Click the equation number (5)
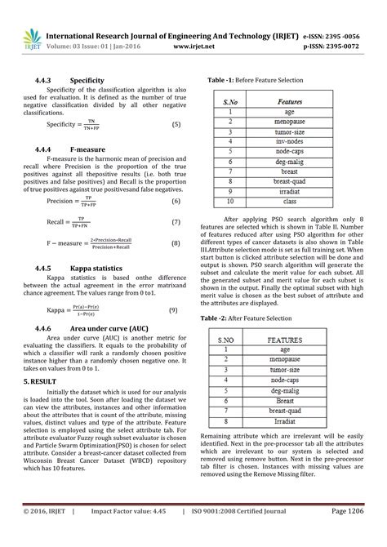tap(176, 124)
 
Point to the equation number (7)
tap(176, 221)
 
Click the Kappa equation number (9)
tap(173, 310)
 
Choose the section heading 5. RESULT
tap(41, 381)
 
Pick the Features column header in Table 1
tap(290, 102)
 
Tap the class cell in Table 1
tap(290, 200)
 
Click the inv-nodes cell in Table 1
tap(290, 140)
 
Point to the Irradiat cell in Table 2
tap(291, 421)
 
